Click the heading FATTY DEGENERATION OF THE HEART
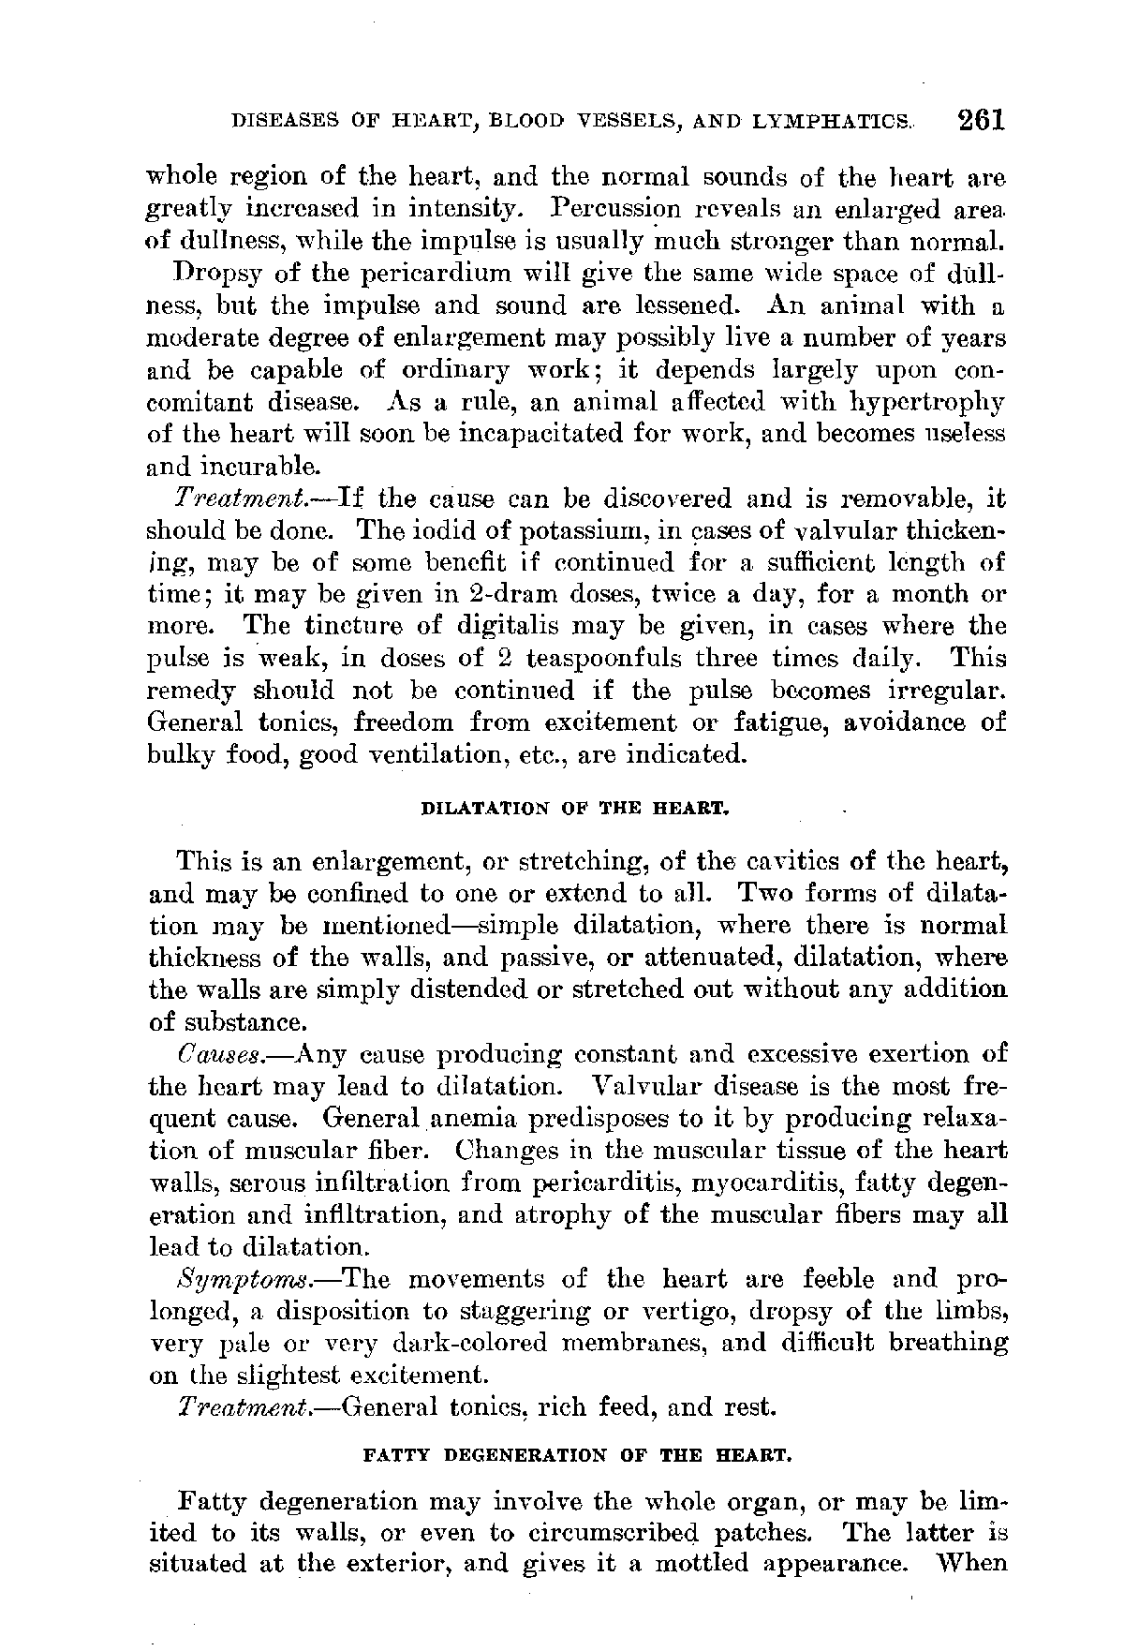(578, 1457)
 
